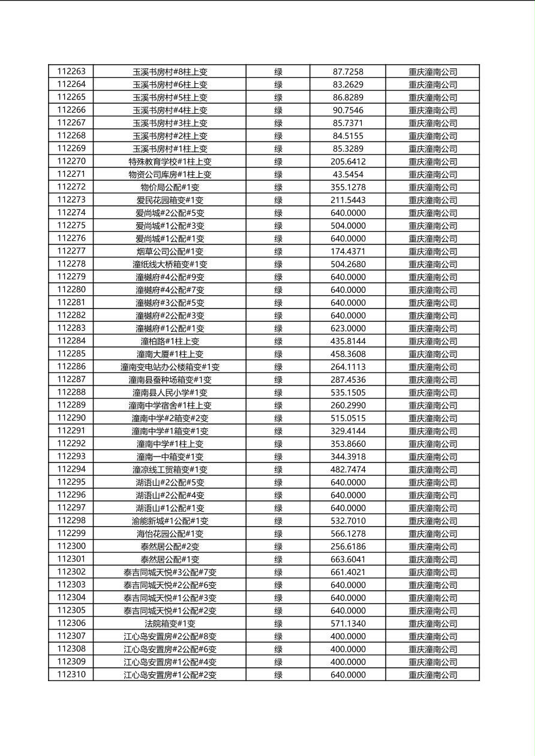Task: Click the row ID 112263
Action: (x=71, y=72)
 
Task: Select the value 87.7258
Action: (x=348, y=72)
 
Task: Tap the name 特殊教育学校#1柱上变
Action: (x=170, y=162)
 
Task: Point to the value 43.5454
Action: (x=348, y=174)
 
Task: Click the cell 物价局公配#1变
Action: (x=170, y=188)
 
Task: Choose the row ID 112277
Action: (x=71, y=252)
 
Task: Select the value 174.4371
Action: (x=348, y=252)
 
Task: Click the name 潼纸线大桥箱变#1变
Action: (x=170, y=264)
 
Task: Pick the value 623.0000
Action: (x=348, y=328)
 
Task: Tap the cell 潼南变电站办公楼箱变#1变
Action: (x=170, y=367)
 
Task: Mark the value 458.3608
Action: (x=348, y=354)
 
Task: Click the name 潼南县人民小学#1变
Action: (x=170, y=392)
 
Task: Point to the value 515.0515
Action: (x=348, y=418)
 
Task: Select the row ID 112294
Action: (x=71, y=470)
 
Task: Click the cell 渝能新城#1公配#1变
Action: (x=170, y=521)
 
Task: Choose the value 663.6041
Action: (x=348, y=560)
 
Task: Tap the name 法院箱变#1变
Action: (x=170, y=624)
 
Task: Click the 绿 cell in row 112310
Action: (x=278, y=675)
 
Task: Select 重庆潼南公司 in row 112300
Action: (x=433, y=546)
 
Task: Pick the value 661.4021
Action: (x=348, y=572)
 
